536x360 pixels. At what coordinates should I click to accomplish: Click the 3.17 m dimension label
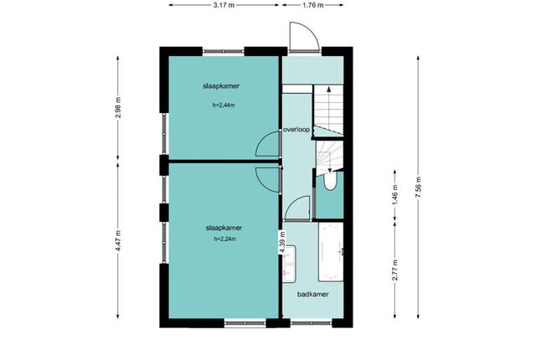pos(224,5)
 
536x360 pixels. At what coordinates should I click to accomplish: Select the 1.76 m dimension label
pos(313,5)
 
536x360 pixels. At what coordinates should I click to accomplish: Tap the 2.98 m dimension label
pos(118,108)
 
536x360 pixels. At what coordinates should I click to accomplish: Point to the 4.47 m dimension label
pos(118,241)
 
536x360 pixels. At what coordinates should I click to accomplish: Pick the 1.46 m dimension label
pos(395,195)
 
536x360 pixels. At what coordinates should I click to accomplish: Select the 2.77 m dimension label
pos(395,270)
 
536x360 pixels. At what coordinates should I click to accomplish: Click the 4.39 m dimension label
pos(282,242)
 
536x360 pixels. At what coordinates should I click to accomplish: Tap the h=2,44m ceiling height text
pos(224,105)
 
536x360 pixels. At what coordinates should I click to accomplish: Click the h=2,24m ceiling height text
pos(225,239)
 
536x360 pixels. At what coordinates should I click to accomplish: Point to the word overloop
pos(296,130)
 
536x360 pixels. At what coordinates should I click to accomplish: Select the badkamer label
pos(312,294)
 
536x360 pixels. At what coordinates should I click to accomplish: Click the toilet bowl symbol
pos(330,181)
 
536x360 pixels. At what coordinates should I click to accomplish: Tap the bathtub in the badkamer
pos(331,252)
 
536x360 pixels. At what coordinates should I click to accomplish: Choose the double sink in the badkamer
pos(289,264)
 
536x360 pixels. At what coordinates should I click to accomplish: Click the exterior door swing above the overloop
pos(304,37)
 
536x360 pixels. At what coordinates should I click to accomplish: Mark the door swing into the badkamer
pos(296,208)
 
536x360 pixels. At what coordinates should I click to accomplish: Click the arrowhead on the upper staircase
pos(329,89)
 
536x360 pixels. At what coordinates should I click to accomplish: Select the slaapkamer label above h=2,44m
pos(221,86)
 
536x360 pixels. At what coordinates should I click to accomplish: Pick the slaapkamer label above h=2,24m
pos(224,228)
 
